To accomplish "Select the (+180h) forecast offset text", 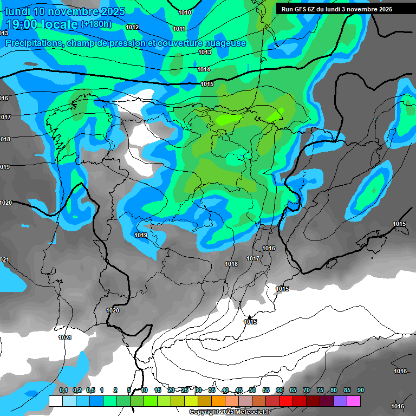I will pyautogui.click(x=96, y=24).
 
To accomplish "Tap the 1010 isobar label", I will pyautogui.click(x=185, y=12).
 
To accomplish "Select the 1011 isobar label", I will pyautogui.click(x=179, y=29).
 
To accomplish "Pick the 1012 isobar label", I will pyautogui.click(x=132, y=27).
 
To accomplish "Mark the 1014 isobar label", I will pyautogui.click(x=204, y=69).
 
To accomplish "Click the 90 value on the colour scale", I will pyautogui.click(x=361, y=390).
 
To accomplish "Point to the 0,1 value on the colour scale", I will pyautogui.click(x=63, y=390).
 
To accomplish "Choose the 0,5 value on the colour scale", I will pyautogui.click(x=90, y=390).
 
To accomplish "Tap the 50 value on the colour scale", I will pyautogui.click(x=252, y=390).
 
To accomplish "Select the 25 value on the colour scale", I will pyautogui.click(x=185, y=390).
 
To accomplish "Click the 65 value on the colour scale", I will pyautogui.click(x=293, y=390).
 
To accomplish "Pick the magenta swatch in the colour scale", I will pyautogui.click(x=354, y=401).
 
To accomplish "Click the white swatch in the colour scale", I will pyautogui.click(x=55, y=401).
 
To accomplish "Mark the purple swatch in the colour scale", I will pyautogui.click(x=340, y=401).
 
